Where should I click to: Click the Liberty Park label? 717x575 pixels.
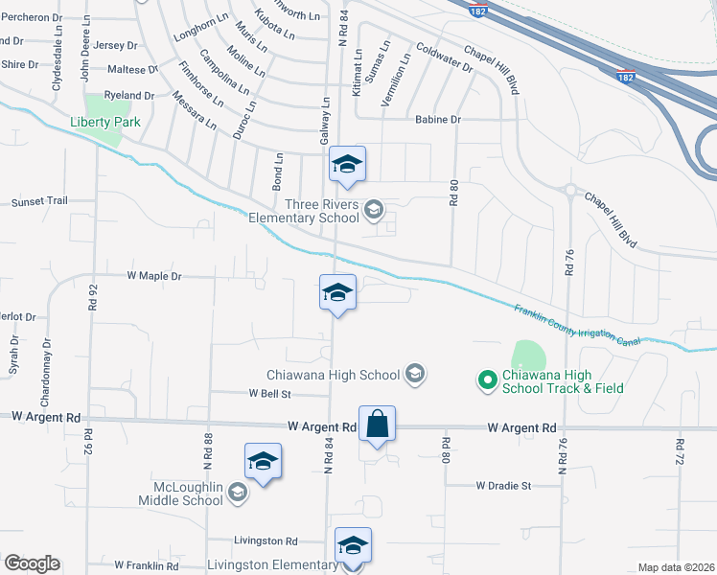pyautogui.click(x=105, y=122)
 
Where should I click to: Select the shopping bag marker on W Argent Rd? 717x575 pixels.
pyautogui.click(x=378, y=423)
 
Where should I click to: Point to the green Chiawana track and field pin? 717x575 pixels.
pyautogui.click(x=487, y=380)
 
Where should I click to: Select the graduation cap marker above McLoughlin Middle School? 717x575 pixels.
pyautogui.click(x=263, y=461)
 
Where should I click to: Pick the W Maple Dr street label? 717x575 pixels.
pyautogui.click(x=154, y=276)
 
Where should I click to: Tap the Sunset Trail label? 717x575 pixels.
pyautogui.click(x=39, y=202)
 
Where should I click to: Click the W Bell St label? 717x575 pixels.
pyautogui.click(x=269, y=393)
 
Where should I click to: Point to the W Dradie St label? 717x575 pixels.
pyautogui.click(x=503, y=486)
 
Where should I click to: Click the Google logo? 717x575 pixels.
pyautogui.click(x=31, y=563)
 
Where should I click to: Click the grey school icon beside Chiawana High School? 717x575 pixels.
pyautogui.click(x=415, y=373)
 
